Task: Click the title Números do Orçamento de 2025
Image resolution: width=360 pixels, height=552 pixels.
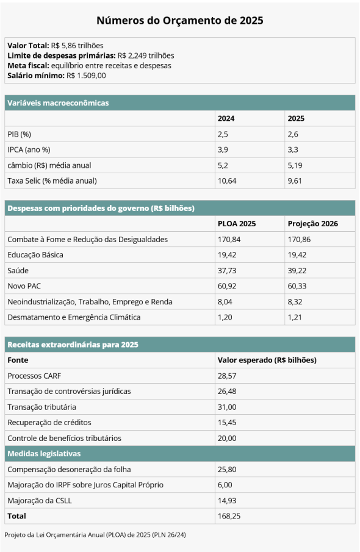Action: (x=179, y=20)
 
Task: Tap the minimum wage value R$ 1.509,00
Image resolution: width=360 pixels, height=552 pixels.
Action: (x=86, y=76)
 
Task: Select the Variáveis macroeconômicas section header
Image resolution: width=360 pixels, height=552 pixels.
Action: (x=58, y=103)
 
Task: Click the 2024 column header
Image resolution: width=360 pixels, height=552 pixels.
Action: (x=226, y=118)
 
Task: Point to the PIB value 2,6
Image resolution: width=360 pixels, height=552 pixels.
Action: (x=293, y=134)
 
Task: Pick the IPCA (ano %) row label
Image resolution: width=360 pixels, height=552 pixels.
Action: (x=29, y=149)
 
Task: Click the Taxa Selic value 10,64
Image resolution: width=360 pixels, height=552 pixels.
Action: (x=227, y=181)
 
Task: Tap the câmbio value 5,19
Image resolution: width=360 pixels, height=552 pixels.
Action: (x=295, y=165)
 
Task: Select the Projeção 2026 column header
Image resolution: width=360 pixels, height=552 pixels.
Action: (x=313, y=224)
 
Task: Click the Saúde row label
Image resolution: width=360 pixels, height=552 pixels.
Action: (x=18, y=270)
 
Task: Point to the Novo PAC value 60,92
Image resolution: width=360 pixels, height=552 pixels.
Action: (x=227, y=286)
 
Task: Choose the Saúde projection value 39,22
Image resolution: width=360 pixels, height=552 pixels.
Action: (x=297, y=270)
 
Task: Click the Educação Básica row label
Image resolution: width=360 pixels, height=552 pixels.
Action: (x=35, y=255)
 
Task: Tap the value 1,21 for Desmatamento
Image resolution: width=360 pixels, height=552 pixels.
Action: (x=295, y=317)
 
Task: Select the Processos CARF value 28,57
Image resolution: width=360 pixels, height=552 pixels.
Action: (x=227, y=376)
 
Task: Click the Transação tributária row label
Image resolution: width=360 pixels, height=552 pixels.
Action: (x=41, y=407)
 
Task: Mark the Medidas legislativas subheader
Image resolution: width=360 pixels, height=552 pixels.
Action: (x=44, y=453)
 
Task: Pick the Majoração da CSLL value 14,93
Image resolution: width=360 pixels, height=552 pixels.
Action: (x=227, y=500)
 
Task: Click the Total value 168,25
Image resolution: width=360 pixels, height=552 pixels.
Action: (x=229, y=516)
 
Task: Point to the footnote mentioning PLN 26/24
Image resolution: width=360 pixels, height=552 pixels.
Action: (x=95, y=535)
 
